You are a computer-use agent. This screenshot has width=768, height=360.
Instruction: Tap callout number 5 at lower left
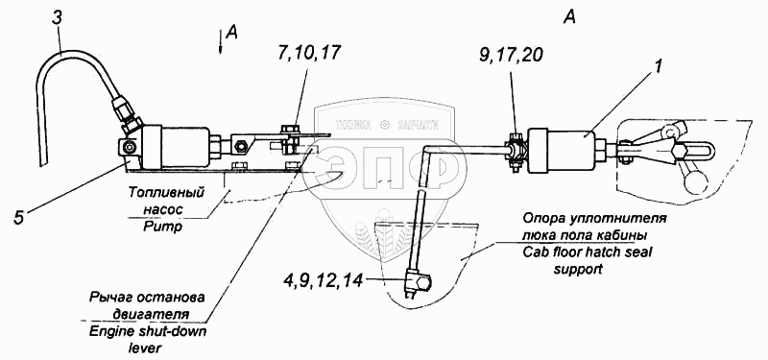point(18,218)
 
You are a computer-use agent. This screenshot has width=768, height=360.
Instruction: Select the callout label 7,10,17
point(309,53)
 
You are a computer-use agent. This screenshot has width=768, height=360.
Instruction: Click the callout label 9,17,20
point(511,56)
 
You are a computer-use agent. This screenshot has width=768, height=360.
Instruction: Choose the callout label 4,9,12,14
point(323,280)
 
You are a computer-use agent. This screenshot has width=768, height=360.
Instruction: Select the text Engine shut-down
point(148,331)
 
